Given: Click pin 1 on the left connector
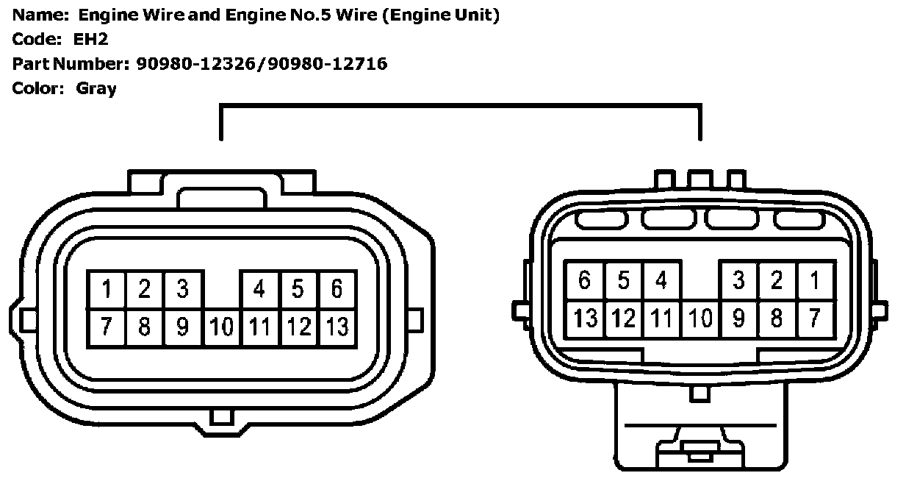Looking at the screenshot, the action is tap(107, 290).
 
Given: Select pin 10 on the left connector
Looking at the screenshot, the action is tap(221, 327).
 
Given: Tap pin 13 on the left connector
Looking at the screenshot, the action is tap(337, 327).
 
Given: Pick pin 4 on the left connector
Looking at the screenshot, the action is tap(259, 290).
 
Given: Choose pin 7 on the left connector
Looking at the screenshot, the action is tap(107, 327).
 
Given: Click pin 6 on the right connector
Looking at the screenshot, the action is tap(585, 280).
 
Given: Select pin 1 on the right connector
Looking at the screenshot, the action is tap(814, 280).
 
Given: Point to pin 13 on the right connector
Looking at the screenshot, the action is tap(585, 318).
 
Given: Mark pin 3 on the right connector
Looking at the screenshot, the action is tap(738, 280).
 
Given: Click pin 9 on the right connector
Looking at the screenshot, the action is tap(738, 318).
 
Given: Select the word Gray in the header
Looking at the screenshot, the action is tap(96, 89).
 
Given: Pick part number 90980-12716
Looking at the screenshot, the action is tap(328, 64).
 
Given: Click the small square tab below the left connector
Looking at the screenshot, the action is tap(221, 417).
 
